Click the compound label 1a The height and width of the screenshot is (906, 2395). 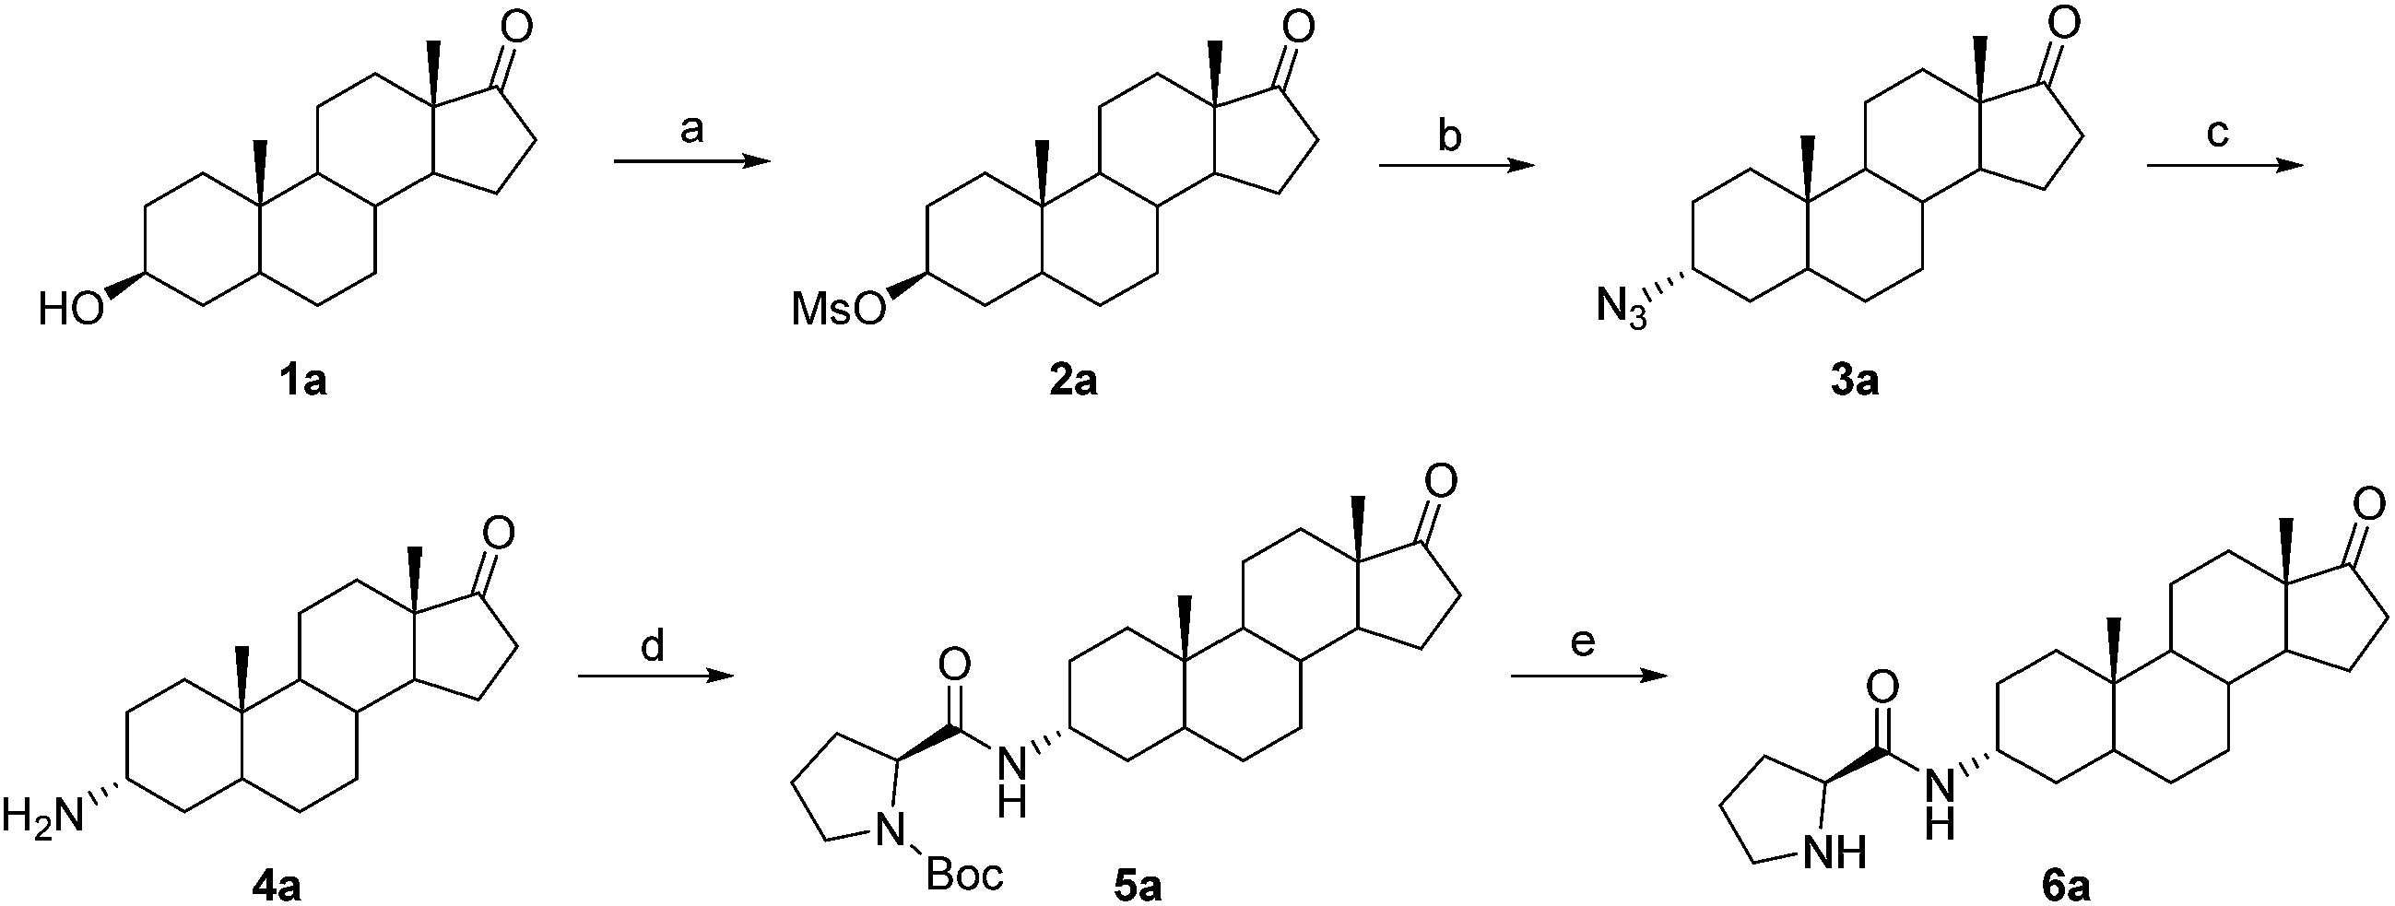304,381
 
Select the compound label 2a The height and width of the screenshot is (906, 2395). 1073,381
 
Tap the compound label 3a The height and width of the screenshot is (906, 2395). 1855,381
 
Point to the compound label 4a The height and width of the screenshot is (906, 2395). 277,888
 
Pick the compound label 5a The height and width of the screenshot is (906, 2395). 1138,888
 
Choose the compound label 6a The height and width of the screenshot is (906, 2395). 2066,888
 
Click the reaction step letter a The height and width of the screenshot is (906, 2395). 691,130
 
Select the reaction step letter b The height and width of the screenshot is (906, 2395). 1449,135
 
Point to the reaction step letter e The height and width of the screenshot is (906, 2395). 1583,641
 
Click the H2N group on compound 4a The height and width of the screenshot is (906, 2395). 42,816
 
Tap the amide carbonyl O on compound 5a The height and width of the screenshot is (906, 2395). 954,665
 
